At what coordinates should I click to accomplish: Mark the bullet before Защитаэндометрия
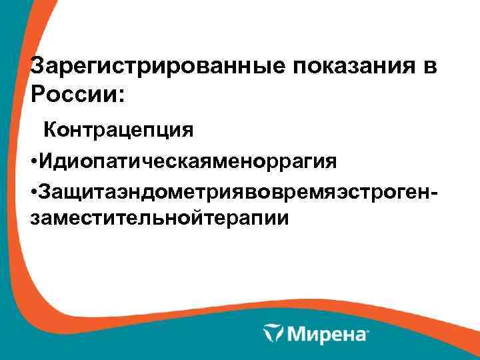pyautogui.click(x=34, y=193)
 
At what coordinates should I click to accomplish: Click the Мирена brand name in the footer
pyautogui.click(x=325, y=332)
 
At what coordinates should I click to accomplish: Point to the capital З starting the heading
pyautogui.click(x=39, y=67)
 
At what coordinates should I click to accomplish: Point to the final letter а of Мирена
pyautogui.click(x=361, y=333)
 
